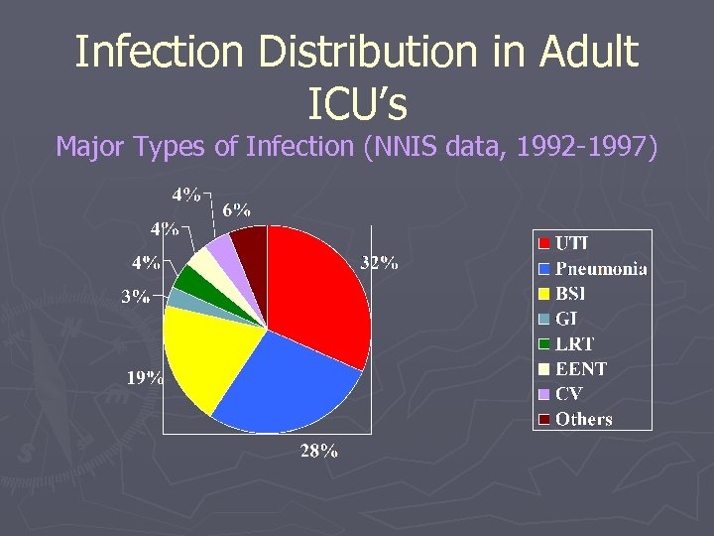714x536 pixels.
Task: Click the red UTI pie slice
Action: point(317,288)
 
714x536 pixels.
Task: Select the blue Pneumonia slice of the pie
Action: point(288,382)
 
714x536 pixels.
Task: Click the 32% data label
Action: point(379,263)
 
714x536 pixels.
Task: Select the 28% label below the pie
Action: point(319,452)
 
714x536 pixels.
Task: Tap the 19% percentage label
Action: point(145,377)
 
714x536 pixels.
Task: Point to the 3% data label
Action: point(136,296)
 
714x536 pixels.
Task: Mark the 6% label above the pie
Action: point(236,209)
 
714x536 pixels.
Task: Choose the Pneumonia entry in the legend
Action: point(601,269)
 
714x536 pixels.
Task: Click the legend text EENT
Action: point(581,368)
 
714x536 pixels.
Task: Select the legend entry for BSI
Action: point(570,294)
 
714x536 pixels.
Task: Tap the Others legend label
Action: point(584,419)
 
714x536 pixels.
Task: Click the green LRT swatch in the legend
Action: point(543,344)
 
